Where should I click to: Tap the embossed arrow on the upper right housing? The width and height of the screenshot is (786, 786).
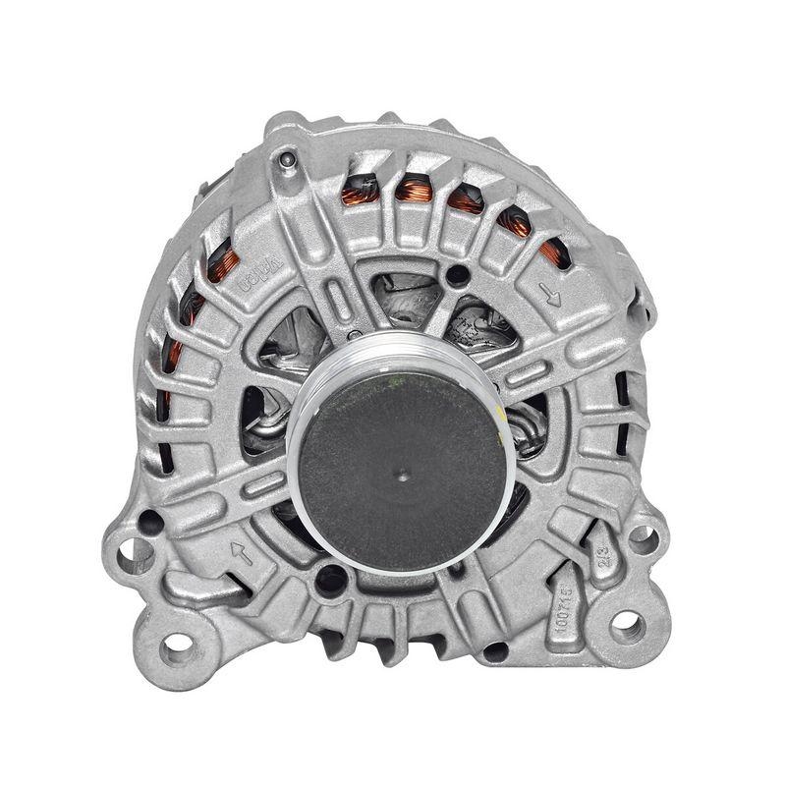pyautogui.click(x=550, y=293)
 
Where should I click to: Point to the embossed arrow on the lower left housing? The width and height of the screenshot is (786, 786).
pyautogui.click(x=240, y=553)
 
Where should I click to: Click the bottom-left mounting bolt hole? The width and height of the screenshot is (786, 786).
pyautogui.click(x=176, y=645)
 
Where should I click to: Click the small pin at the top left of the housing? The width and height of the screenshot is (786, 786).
pyautogui.click(x=286, y=158)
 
